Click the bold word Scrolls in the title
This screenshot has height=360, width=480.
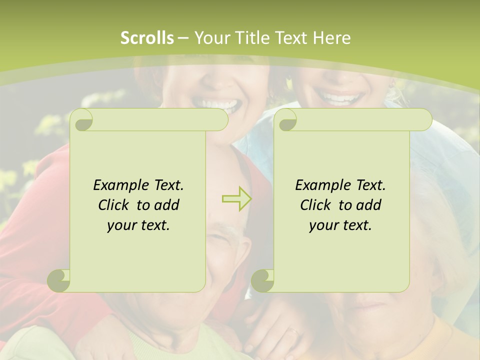pos(147,37)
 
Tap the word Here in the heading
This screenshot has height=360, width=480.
pos(332,37)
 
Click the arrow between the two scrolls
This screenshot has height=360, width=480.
pos(236,198)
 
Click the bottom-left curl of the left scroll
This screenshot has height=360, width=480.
pos(59,280)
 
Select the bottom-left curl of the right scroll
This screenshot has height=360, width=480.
pos(262,280)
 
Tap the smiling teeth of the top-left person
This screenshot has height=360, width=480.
pos(215,104)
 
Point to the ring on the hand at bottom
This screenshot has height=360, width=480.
pos(293,331)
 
